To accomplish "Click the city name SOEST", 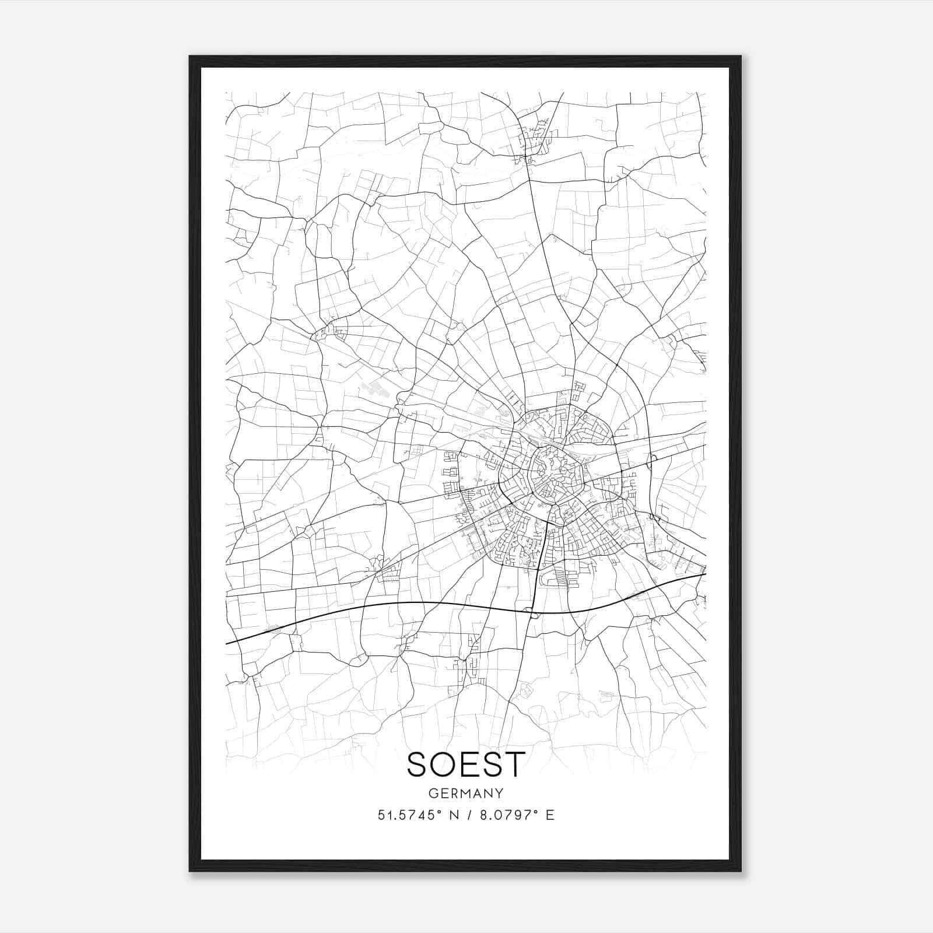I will [x=466, y=764].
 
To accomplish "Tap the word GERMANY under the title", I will [x=466, y=794].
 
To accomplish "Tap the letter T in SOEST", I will [x=514, y=764].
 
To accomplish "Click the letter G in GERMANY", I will [x=432, y=794].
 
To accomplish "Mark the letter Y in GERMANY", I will [x=500, y=794].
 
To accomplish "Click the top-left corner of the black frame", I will [x=191, y=57].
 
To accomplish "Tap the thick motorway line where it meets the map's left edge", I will [x=227, y=643].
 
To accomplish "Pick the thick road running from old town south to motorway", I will [x=541, y=560].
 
